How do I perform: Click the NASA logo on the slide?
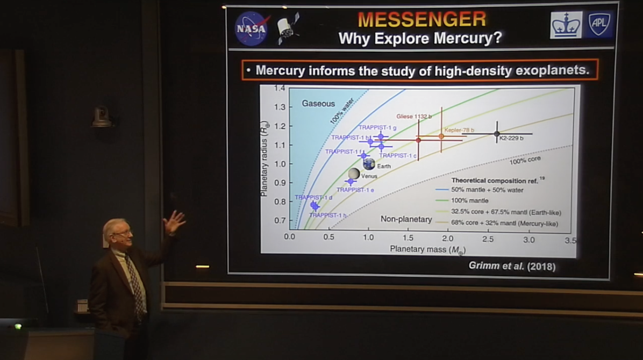[x=252, y=28]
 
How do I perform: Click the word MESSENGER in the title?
[x=421, y=19]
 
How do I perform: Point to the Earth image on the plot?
[x=369, y=164]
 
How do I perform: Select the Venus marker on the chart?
[x=354, y=174]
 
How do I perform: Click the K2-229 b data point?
[x=497, y=133]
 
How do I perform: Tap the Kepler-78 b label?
[x=459, y=130]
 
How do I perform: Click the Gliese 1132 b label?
[x=414, y=116]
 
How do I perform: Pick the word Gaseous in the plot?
[x=318, y=103]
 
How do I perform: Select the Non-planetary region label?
[x=406, y=219]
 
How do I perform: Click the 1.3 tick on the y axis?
[x=278, y=107]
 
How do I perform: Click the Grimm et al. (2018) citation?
[x=512, y=266]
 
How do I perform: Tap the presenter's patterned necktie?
[x=134, y=279]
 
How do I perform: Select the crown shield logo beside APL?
[x=566, y=25]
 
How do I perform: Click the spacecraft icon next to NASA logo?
[x=288, y=28]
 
